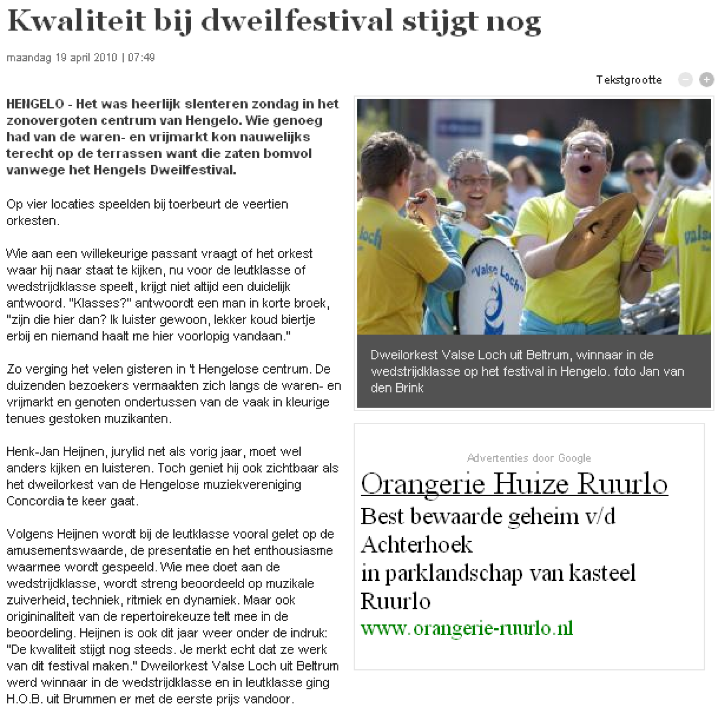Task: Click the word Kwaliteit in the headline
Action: coord(77,21)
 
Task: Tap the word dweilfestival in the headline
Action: coord(296,21)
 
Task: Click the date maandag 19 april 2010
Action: coord(61,58)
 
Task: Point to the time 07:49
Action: coord(141,58)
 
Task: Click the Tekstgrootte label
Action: coord(629,80)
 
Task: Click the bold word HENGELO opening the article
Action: coord(35,104)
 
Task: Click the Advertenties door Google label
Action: coord(529,458)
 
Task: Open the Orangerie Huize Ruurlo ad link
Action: coord(514,483)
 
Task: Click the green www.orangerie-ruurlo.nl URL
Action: coord(467,628)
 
